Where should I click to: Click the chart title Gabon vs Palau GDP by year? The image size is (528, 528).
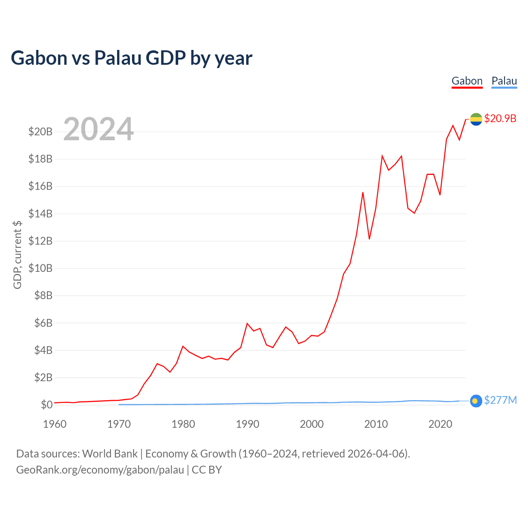[131, 58]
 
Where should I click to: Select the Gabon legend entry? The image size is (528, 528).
[467, 81]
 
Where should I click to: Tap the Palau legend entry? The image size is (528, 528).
[504, 81]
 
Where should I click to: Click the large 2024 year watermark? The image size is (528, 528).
[98, 129]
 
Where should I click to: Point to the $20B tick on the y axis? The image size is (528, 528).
[40, 132]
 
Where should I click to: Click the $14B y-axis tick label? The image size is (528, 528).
[40, 214]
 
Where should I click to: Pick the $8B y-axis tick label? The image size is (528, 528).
[43, 295]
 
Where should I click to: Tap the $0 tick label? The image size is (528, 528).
[47, 405]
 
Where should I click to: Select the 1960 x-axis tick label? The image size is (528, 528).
[55, 424]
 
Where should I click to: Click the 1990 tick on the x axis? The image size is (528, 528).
[247, 424]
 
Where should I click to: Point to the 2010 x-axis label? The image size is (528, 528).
[376, 424]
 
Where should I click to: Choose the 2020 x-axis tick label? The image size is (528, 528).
[440, 424]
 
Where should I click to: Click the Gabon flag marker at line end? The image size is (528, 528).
[476, 119]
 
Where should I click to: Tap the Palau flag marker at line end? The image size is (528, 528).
[476, 401]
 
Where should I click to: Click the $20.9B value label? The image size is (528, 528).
[500, 118]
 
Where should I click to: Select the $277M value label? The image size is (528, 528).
[500, 400]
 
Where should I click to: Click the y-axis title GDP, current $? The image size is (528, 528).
[17, 255]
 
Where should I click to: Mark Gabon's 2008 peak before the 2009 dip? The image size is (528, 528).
[363, 193]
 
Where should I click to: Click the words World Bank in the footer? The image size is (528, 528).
[110, 454]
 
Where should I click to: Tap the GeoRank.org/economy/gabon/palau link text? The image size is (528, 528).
[100, 470]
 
